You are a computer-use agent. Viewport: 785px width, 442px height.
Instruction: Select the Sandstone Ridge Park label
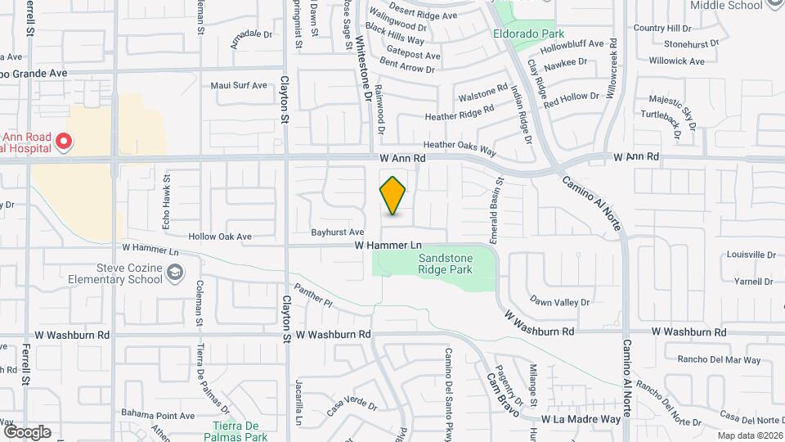(446, 262)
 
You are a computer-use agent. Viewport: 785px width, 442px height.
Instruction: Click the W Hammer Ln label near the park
(388, 245)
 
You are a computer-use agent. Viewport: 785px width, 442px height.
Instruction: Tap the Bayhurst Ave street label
(338, 232)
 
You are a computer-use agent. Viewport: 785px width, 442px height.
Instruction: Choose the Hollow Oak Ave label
(220, 237)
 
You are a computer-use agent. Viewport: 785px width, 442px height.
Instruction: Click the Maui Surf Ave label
(239, 85)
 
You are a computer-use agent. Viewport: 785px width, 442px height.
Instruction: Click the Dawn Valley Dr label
(560, 302)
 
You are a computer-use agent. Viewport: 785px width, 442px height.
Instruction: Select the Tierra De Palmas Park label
(236, 431)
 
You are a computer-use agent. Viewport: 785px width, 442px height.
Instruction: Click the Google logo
(27, 431)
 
